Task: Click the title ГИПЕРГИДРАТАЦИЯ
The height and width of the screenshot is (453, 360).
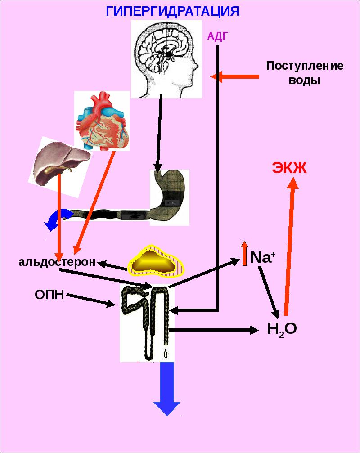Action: (172, 11)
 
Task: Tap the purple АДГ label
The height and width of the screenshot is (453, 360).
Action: (218, 36)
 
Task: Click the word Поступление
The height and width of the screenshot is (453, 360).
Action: (305, 66)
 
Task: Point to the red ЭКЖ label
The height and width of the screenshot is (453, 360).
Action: (289, 168)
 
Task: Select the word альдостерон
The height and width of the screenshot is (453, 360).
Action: (57, 262)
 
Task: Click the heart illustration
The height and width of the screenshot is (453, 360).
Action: (102, 121)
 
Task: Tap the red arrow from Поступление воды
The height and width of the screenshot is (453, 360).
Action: (234, 77)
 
